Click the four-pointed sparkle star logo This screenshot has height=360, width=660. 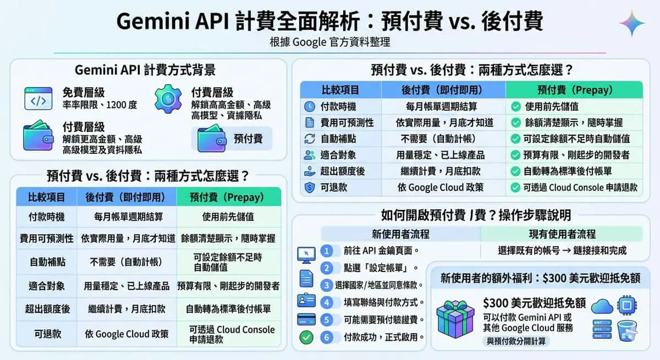(x=632, y=24)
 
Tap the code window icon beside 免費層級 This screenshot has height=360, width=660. (x=38, y=98)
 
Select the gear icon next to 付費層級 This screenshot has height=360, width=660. (x=168, y=99)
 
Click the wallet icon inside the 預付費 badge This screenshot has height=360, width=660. (x=212, y=139)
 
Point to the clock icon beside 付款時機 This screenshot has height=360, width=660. (x=309, y=107)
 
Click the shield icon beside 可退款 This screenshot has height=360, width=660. (x=309, y=187)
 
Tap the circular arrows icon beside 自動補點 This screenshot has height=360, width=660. (x=310, y=139)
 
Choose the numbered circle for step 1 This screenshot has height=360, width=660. (x=327, y=251)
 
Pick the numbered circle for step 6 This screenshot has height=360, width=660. (x=327, y=337)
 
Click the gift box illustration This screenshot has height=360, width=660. (x=455, y=319)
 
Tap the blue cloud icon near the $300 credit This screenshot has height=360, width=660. (x=602, y=307)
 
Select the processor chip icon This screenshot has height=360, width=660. (x=626, y=305)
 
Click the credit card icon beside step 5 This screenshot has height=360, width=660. (x=306, y=319)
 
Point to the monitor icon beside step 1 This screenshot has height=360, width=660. (x=306, y=255)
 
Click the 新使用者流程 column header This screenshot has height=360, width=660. (x=400, y=234)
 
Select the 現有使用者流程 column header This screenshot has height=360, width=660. (x=562, y=234)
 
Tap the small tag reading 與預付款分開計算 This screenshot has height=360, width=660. (x=516, y=341)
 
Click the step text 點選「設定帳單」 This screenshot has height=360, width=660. (x=378, y=268)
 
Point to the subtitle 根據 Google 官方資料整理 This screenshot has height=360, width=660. (x=330, y=42)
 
